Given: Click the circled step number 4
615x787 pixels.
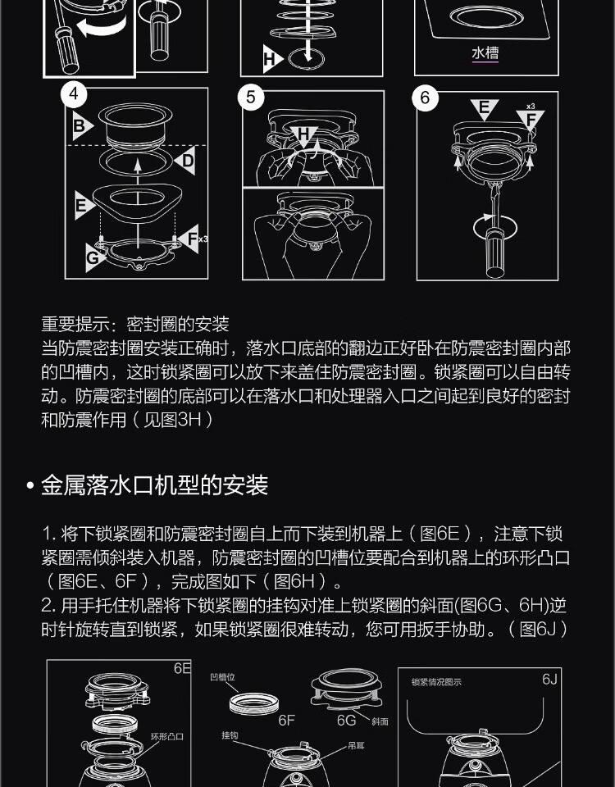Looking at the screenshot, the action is pos(74,93).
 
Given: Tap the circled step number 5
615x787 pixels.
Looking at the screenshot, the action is pos(251,97).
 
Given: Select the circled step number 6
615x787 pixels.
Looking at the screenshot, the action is pos(425,98).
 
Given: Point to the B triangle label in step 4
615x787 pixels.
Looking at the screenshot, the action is pos(81,125).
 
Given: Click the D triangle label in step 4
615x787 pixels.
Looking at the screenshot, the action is pos(186,161).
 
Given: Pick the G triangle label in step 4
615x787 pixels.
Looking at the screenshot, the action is pos(94,257).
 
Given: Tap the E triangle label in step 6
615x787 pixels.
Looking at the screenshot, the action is pos(485,108).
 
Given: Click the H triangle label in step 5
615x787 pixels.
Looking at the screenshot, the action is pos(303,135).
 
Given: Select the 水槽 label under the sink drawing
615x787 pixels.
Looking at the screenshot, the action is pos(485,53).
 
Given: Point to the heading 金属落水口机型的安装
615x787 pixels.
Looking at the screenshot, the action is pos(155,485).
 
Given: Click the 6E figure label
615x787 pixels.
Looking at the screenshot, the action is pos(183,669).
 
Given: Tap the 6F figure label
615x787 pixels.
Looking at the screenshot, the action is pos(287,721).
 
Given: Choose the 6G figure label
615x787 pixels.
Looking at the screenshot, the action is pos(346,721).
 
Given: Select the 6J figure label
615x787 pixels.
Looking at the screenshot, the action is pos(549,679).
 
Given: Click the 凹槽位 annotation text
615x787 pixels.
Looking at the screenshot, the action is pos(222,677).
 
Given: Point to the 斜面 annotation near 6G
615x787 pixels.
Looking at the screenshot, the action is pos(380,721).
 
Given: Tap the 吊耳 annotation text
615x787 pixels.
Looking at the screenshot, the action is pos(356,746).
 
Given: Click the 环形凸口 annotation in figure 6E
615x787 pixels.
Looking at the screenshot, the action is pos(167,736).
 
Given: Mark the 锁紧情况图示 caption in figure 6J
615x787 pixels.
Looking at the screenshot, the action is pos(436,682).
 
